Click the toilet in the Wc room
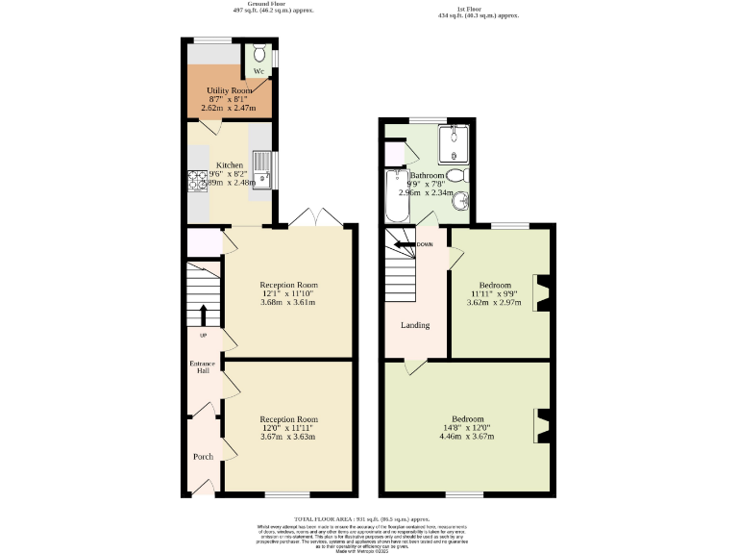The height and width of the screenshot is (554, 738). (258, 54)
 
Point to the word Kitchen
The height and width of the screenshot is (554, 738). (230, 164)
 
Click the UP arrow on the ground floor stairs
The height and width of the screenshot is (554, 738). (203, 315)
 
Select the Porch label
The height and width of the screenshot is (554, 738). (203, 456)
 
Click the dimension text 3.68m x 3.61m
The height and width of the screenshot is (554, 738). (288, 303)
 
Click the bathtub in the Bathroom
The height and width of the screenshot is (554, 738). (394, 197)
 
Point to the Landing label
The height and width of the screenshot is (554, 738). (415, 325)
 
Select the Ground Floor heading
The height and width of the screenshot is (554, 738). (251, 5)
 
